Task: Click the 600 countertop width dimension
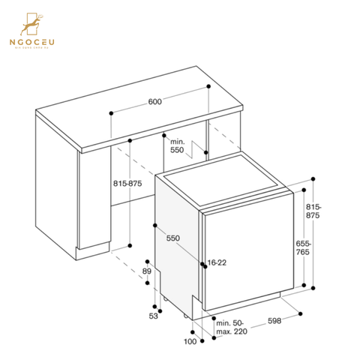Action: tap(154, 101)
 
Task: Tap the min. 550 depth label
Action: tap(176, 145)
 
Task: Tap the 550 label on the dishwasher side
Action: tap(173, 238)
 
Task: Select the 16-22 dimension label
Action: tap(217, 262)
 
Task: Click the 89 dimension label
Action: tap(146, 271)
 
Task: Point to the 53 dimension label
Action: tap(153, 316)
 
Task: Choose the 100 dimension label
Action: tap(190, 342)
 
